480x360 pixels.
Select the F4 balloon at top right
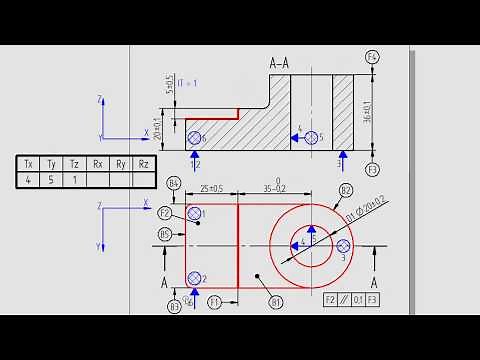[x=373, y=57]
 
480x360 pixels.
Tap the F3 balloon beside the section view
[x=373, y=169]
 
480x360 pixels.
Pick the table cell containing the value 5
[x=51, y=181]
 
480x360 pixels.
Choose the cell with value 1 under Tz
[x=74, y=181]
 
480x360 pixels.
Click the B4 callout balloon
[x=174, y=183]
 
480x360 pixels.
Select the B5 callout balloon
[x=165, y=234]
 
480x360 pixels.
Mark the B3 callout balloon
[x=174, y=305]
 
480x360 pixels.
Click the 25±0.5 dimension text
[x=210, y=187]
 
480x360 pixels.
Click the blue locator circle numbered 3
[x=343, y=245]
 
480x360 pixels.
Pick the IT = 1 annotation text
[x=188, y=82]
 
